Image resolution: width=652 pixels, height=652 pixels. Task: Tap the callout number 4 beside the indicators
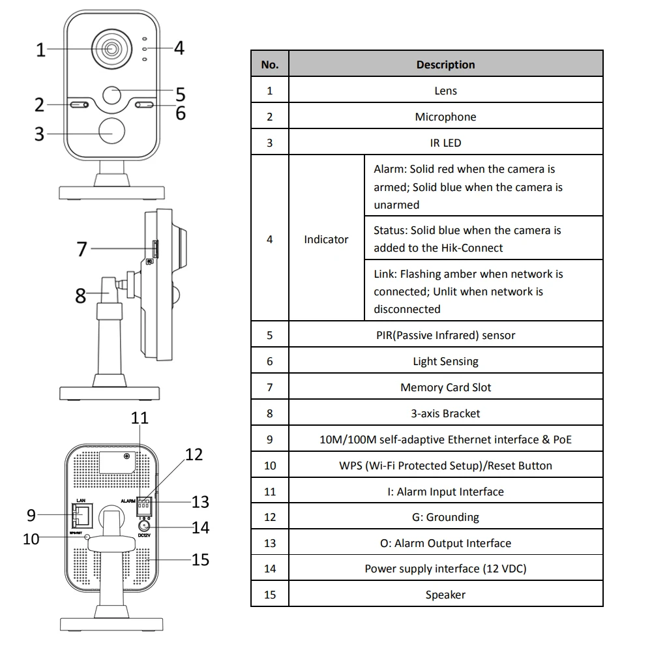coord(178,48)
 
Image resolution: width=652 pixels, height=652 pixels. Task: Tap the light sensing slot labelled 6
coord(144,105)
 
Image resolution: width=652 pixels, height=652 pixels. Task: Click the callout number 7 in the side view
coord(81,248)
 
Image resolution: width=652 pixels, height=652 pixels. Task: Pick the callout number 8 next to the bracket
coord(80,295)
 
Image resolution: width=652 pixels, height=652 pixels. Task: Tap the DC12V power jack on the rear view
coord(143,525)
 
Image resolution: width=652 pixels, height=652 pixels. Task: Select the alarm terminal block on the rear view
coord(145,503)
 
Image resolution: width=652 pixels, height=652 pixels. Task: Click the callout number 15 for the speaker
coord(200,559)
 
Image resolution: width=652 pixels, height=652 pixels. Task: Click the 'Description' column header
coord(445,65)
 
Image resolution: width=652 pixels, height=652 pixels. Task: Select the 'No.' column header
coord(269,65)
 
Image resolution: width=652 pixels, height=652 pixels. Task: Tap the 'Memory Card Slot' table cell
coord(445,387)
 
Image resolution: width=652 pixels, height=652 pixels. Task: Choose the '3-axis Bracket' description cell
coord(445,413)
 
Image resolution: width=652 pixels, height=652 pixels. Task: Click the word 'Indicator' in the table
coord(326,239)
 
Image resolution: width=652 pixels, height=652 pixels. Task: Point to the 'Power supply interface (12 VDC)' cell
coord(445,569)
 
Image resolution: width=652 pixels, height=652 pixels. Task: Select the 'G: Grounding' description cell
coord(445,517)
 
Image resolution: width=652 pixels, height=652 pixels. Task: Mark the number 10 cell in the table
coord(269,466)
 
